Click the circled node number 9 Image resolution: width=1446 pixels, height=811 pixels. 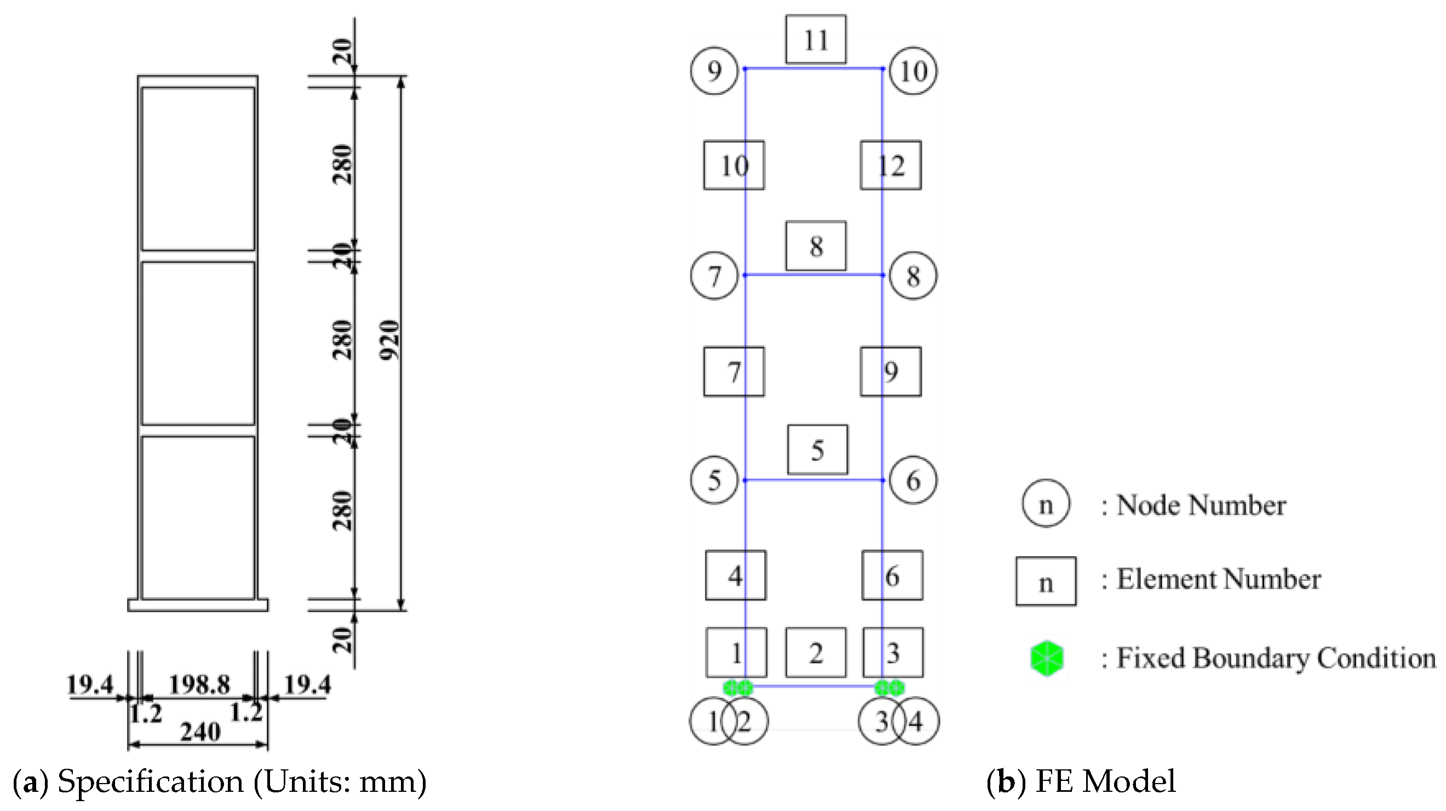click(x=714, y=71)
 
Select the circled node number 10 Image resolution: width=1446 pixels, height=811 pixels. click(x=913, y=71)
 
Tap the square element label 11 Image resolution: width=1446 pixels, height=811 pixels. click(x=816, y=39)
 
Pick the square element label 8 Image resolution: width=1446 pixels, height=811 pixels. click(x=816, y=246)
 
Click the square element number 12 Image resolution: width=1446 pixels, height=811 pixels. click(x=891, y=165)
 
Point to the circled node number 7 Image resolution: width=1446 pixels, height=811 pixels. click(x=714, y=276)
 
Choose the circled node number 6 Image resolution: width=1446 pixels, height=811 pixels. click(x=913, y=480)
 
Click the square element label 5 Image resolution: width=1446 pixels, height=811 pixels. click(x=817, y=450)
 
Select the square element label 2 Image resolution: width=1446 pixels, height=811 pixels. click(x=816, y=653)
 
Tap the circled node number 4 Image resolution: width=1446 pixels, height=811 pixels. click(x=917, y=721)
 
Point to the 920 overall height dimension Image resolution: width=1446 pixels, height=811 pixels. click(x=389, y=340)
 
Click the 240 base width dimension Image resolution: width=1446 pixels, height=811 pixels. click(x=200, y=732)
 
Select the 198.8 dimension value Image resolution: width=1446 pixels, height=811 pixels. click(x=200, y=684)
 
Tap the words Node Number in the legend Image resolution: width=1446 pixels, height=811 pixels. click(x=1201, y=505)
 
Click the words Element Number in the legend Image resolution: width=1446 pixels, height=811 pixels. click(x=1218, y=579)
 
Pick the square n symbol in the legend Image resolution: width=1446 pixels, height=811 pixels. click(x=1046, y=582)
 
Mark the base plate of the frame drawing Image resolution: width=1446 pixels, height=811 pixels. click(x=198, y=605)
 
